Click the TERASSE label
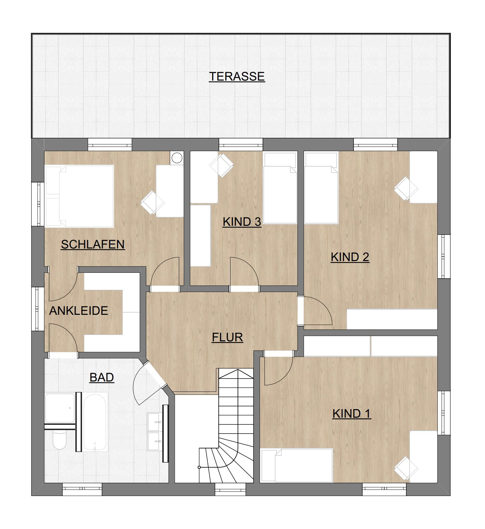[237, 76]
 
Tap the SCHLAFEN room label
[93, 244]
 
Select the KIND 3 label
[242, 222]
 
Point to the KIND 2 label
[350, 257]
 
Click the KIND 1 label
[352, 413]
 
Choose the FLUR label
[227, 337]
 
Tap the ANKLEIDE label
[79, 311]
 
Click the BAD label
[102, 377]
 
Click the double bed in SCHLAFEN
[80, 196]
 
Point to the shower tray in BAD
[60, 408]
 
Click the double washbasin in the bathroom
[155, 432]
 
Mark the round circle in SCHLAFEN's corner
[177, 158]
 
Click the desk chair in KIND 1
[406, 468]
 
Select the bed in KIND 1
[297, 465]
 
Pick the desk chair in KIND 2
[406, 189]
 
